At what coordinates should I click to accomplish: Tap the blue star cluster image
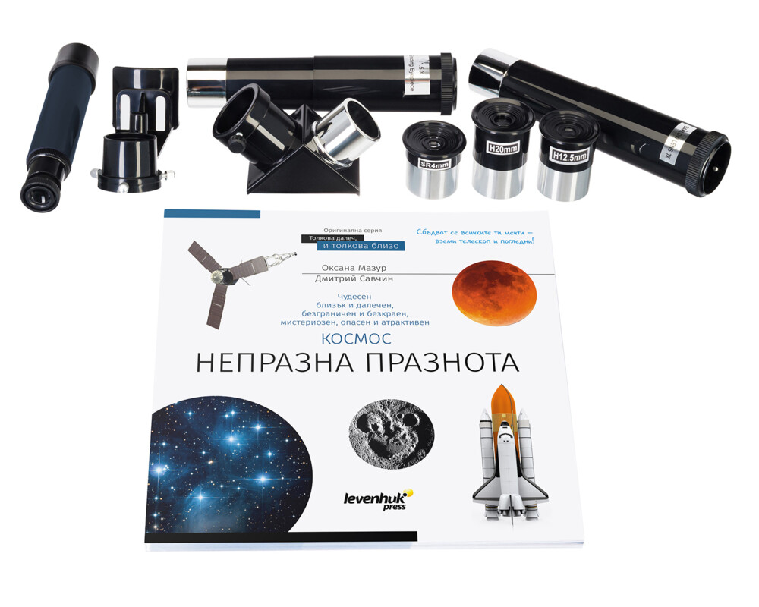click(228, 463)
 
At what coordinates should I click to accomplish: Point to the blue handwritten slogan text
click(477, 234)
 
